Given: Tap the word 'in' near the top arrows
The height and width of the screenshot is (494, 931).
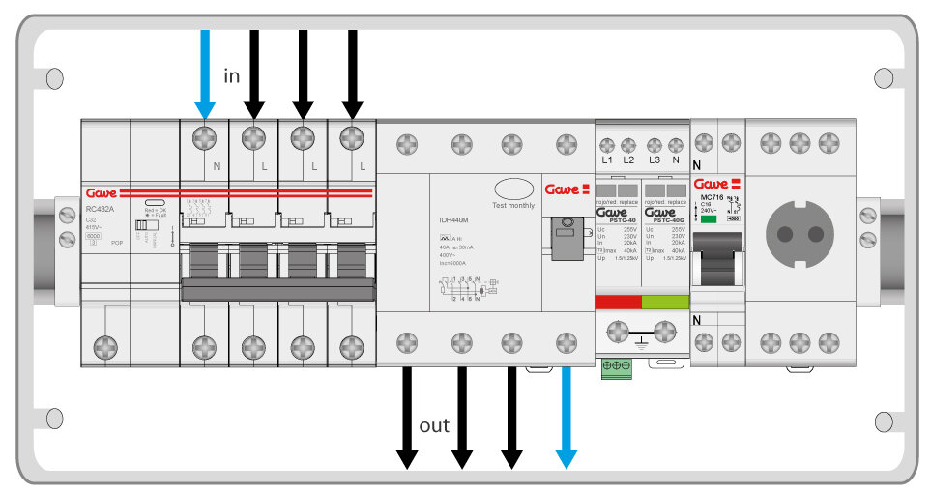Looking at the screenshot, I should point(232,76).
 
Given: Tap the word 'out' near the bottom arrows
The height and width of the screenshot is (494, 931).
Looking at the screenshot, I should point(434,425).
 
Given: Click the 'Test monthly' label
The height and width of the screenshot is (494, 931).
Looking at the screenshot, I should point(512,205).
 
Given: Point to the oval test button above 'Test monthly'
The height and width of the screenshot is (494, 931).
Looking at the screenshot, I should point(512,188).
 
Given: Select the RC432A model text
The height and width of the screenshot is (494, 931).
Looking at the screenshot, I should point(100,209).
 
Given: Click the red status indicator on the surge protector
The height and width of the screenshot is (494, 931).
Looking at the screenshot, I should point(617,303).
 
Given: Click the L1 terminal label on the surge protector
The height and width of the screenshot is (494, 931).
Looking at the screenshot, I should point(607,160).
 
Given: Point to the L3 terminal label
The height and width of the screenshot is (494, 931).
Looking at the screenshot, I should point(655,160).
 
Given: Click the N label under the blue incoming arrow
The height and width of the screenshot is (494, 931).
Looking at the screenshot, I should point(216,167).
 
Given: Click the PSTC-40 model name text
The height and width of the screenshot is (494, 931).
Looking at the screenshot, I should point(616,219).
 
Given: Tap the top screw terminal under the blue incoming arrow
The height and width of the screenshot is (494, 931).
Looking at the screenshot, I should point(204,136).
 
